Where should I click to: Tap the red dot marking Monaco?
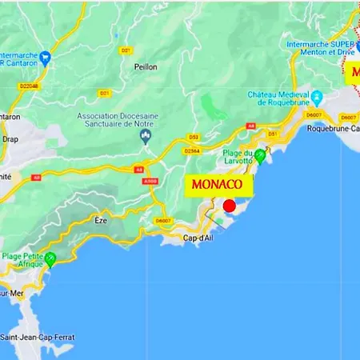230,206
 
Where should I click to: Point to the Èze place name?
100,220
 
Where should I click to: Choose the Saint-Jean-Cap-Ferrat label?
38,338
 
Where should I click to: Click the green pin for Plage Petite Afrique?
50,258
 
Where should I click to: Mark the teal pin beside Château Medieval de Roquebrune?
318,99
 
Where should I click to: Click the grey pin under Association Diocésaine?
145,136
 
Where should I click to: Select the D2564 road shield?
192,150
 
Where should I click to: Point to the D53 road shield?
194,137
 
